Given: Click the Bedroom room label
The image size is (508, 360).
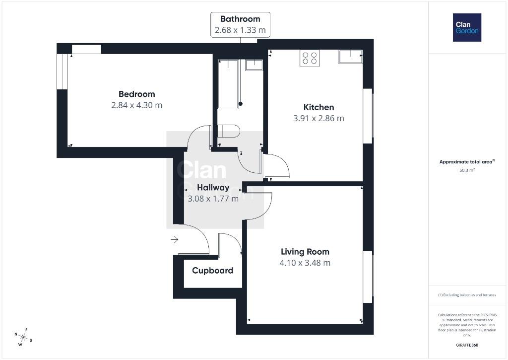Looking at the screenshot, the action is (137, 94).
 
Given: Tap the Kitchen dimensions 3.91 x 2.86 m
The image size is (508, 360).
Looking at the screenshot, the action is (318, 118).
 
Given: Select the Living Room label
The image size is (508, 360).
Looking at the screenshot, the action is (305, 252).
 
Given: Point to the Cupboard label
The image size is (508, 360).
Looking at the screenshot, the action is (212, 271).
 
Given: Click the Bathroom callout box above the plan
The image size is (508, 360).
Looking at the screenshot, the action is (240, 25).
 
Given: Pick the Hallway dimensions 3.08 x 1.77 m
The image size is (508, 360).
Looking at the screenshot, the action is (213, 199).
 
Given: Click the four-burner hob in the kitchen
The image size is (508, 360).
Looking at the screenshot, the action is (310, 58).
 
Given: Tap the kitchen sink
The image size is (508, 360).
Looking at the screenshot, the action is (351, 57).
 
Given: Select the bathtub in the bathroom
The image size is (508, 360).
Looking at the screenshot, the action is (228, 84).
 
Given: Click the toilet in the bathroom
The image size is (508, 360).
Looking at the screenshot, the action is (228, 131).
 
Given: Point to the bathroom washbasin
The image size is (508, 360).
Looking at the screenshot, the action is (254, 65).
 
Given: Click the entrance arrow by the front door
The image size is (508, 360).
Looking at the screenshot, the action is (175, 240).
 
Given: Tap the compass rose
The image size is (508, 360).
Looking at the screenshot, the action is (23, 337).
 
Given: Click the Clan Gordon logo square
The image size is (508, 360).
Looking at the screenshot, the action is (467, 28).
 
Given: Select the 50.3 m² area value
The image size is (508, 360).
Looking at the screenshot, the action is (467, 170).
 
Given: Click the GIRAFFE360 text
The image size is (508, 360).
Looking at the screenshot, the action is (467, 345).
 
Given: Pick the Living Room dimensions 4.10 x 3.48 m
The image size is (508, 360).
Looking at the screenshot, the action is (305, 263).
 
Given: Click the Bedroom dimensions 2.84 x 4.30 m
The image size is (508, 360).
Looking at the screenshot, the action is (137, 105).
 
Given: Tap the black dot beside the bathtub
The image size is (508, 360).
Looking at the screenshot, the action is (241, 104).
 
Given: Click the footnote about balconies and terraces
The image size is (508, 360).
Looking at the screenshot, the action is (467, 295).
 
